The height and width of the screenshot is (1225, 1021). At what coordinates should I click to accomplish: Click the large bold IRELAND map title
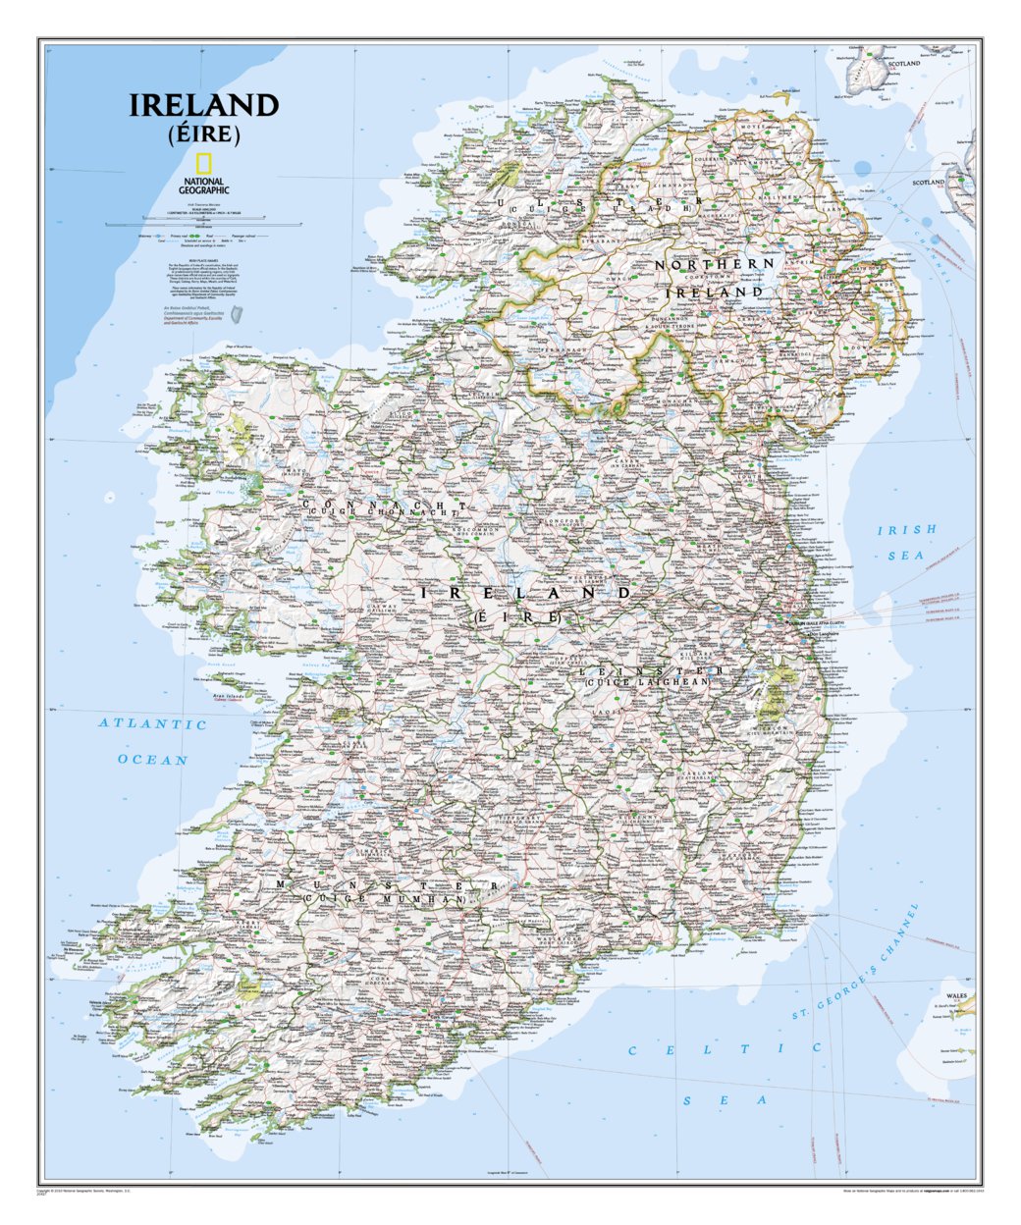(204, 106)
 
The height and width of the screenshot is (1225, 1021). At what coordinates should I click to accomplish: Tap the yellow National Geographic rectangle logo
(204, 164)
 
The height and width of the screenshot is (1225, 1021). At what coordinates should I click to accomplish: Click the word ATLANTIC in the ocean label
(152, 724)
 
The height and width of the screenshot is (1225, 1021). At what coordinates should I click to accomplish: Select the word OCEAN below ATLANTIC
(152, 760)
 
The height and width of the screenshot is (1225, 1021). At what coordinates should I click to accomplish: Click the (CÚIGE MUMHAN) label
(385, 899)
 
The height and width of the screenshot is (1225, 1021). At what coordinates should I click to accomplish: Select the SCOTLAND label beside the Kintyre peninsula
(928, 183)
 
